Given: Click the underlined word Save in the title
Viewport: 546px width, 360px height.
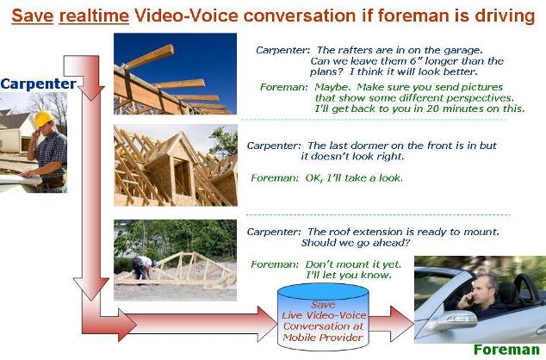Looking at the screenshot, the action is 33,16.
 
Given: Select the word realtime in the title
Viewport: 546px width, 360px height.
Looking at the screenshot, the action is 94,16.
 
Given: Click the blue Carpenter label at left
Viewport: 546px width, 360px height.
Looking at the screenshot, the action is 38,84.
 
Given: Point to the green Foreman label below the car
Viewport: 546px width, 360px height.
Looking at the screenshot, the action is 506,350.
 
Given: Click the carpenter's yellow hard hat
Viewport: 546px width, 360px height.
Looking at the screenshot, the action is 44,118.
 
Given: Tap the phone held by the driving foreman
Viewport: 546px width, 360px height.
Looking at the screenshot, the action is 471,298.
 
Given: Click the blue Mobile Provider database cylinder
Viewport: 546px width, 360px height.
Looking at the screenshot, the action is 323,317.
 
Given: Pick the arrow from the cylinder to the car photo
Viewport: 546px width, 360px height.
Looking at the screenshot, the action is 391,324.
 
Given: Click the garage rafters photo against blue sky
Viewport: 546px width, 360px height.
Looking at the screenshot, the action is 175,74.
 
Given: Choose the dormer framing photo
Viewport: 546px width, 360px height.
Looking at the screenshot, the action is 176,165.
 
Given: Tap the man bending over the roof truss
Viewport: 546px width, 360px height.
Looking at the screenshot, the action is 143,267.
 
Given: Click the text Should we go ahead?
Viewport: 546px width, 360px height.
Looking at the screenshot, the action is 356,243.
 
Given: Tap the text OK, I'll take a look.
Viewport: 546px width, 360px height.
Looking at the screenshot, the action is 354,178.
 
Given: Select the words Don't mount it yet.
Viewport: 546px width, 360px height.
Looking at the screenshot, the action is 353,264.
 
